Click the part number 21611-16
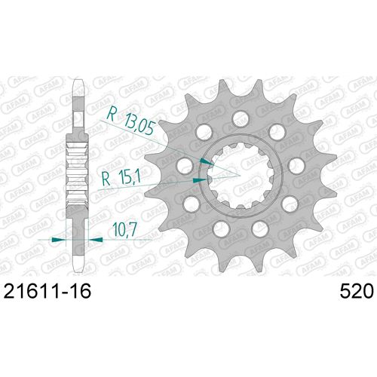pyautogui.click(x=48, y=292)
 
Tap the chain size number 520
pyautogui.click(x=357, y=292)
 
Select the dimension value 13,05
pyautogui.click(x=139, y=125)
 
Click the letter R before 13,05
pyautogui.click(x=111, y=113)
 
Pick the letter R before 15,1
pyautogui.click(x=106, y=179)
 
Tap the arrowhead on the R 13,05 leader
pyautogui.click(x=207, y=161)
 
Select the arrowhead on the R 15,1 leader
pyautogui.click(x=200, y=180)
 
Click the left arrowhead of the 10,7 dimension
pyautogui.click(x=58, y=240)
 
